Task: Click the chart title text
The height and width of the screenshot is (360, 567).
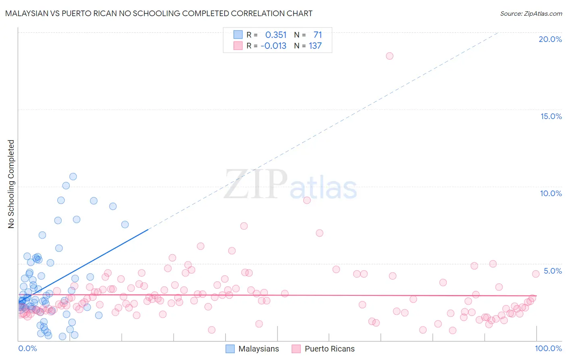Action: click(158, 13)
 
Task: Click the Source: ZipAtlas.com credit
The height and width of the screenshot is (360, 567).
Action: click(531, 13)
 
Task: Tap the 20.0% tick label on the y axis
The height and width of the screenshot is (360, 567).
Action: click(550, 39)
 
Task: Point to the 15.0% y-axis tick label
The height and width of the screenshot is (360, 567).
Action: click(551, 116)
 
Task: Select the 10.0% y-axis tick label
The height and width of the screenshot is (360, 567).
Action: click(551, 193)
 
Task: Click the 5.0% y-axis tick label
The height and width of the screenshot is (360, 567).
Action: click(552, 271)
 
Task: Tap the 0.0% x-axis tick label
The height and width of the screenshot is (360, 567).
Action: click(27, 348)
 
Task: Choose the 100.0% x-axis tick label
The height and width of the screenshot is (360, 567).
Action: click(548, 348)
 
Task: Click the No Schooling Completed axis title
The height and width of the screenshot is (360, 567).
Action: click(11, 184)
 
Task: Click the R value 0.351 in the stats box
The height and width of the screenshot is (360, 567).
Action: click(276, 35)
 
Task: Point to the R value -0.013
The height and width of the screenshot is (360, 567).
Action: click(273, 46)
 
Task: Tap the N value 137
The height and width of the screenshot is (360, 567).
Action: click(315, 46)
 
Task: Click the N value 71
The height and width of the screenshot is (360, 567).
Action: click(318, 35)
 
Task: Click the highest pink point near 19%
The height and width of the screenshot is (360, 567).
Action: click(390, 56)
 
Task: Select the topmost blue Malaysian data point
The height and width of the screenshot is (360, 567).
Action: click(73, 176)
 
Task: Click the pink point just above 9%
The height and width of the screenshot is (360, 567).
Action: click(307, 200)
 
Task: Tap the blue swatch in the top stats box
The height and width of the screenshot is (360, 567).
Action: click(238, 35)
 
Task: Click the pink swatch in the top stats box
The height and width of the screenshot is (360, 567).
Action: click(238, 46)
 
